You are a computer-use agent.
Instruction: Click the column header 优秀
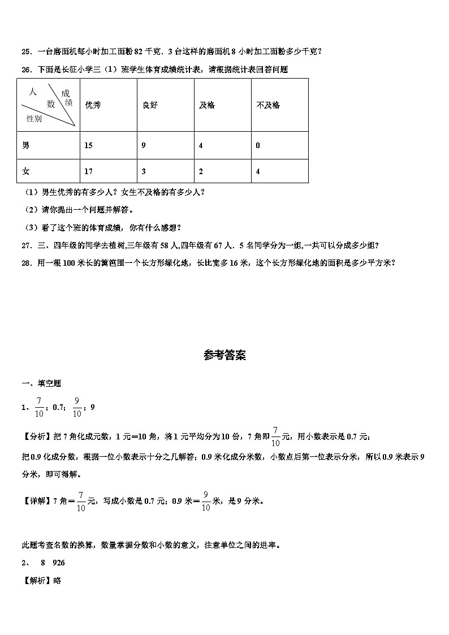pyautogui.click(x=92, y=105)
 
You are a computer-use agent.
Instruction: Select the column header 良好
pyautogui.click(x=150, y=105)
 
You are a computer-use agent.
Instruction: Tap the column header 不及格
pyautogui.click(x=267, y=105)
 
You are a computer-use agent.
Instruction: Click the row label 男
pyautogui.click(x=25, y=145)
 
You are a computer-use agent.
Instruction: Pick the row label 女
pyautogui.click(x=25, y=171)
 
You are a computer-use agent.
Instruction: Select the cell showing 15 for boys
pyautogui.click(x=88, y=145)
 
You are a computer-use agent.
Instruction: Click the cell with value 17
pyautogui.click(x=88, y=171)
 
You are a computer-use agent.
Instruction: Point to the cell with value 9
pyautogui.click(x=144, y=145)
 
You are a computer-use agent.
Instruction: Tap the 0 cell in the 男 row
pyautogui.click(x=258, y=145)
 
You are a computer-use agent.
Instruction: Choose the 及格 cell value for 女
pyautogui.click(x=201, y=171)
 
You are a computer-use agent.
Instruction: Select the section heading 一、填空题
pyautogui.click(x=41, y=383)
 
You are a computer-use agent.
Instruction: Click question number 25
pyautogui.click(x=26, y=51)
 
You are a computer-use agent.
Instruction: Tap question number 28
pyautogui.click(x=26, y=262)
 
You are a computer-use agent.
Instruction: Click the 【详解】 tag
pyautogui.click(x=37, y=500)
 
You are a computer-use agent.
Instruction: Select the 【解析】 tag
pyautogui.click(x=37, y=580)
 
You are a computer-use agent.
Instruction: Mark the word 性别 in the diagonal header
pyautogui.click(x=34, y=118)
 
